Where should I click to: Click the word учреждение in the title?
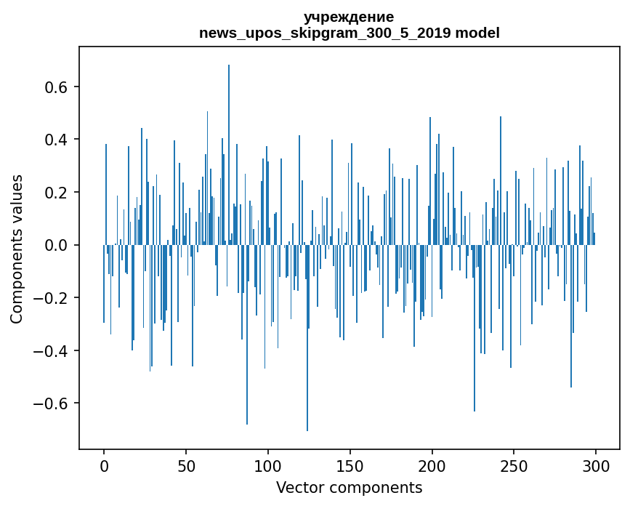[x=349, y=17]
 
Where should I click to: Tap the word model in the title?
[x=477, y=33]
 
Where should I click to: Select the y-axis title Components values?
[x=17, y=249]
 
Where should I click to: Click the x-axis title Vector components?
[x=349, y=487]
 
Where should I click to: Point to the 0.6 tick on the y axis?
[x=57, y=87]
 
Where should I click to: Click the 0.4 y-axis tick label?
[x=57, y=140]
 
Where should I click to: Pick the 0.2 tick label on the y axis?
[x=57, y=193]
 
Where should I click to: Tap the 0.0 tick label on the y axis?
[x=57, y=245]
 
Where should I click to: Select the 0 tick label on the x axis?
[x=104, y=465]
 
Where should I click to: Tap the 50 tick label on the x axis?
[x=186, y=465]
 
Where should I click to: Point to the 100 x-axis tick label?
[x=268, y=465]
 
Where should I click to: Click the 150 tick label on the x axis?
[x=350, y=465]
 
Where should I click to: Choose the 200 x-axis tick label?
[x=432, y=465]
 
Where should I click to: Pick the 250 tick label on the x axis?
[x=514, y=465]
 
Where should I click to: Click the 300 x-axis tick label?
[x=597, y=465]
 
